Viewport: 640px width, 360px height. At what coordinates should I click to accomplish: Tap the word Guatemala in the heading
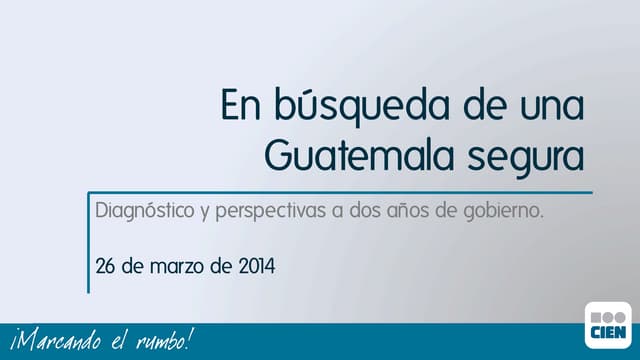tap(350, 154)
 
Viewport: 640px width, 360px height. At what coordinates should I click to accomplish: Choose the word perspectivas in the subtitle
tap(272, 214)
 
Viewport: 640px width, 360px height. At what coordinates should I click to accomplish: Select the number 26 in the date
tap(105, 267)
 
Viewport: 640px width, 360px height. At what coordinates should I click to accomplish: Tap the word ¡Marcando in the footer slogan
tap(51, 341)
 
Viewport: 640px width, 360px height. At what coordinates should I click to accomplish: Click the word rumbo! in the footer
tap(161, 341)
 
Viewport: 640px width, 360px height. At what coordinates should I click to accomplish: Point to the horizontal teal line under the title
tap(340, 193)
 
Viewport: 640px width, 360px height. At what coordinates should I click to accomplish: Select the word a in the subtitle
tap(339, 213)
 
